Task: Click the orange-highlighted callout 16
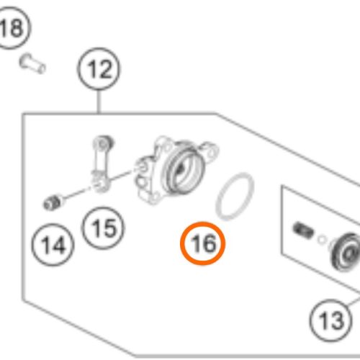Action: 203,243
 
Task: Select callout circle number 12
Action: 99,68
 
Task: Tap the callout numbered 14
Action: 53,245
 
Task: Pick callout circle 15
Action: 103,228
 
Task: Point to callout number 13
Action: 330,320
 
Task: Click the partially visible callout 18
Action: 12,27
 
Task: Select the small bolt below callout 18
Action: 32,63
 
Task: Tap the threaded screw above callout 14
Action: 53,202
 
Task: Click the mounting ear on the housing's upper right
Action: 210,150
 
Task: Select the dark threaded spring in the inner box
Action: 303,230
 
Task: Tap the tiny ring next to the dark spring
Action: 322,240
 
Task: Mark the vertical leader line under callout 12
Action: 99,102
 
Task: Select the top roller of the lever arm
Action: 104,143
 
